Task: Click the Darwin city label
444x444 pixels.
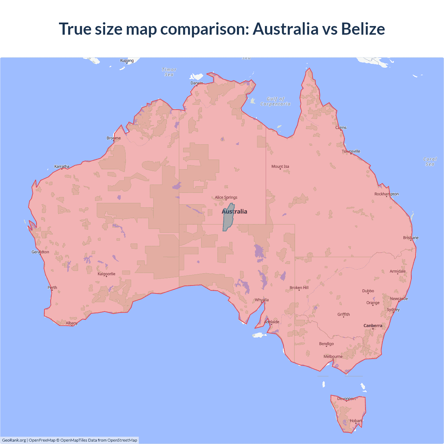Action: pyautogui.click(x=197, y=83)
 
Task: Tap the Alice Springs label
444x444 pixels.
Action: pyautogui.click(x=226, y=197)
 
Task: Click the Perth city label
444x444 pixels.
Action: pyautogui.click(x=52, y=288)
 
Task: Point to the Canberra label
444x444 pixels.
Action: pyautogui.click(x=373, y=326)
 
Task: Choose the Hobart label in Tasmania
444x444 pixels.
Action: pyautogui.click(x=356, y=421)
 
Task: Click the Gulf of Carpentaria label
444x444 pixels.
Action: pyautogui.click(x=275, y=101)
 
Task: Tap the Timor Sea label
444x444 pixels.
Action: pyautogui.click(x=169, y=72)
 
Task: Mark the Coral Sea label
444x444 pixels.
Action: pyautogui.click(x=430, y=162)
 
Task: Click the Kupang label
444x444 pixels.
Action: pyautogui.click(x=127, y=60)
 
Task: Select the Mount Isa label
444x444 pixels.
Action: pyautogui.click(x=280, y=166)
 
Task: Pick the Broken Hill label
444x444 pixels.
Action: pyautogui.click(x=299, y=288)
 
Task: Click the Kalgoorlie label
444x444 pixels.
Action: pyautogui.click(x=106, y=274)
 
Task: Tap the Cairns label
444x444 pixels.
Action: pyautogui.click(x=341, y=128)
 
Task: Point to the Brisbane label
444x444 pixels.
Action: pyautogui.click(x=411, y=238)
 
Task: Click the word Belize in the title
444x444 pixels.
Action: pyautogui.click(x=363, y=29)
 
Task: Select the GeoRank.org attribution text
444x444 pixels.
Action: pyautogui.click(x=14, y=440)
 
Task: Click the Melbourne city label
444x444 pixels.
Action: pyautogui.click(x=333, y=357)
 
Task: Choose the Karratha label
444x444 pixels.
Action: pyautogui.click(x=62, y=166)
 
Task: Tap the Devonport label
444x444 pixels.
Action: pyautogui.click(x=347, y=399)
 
